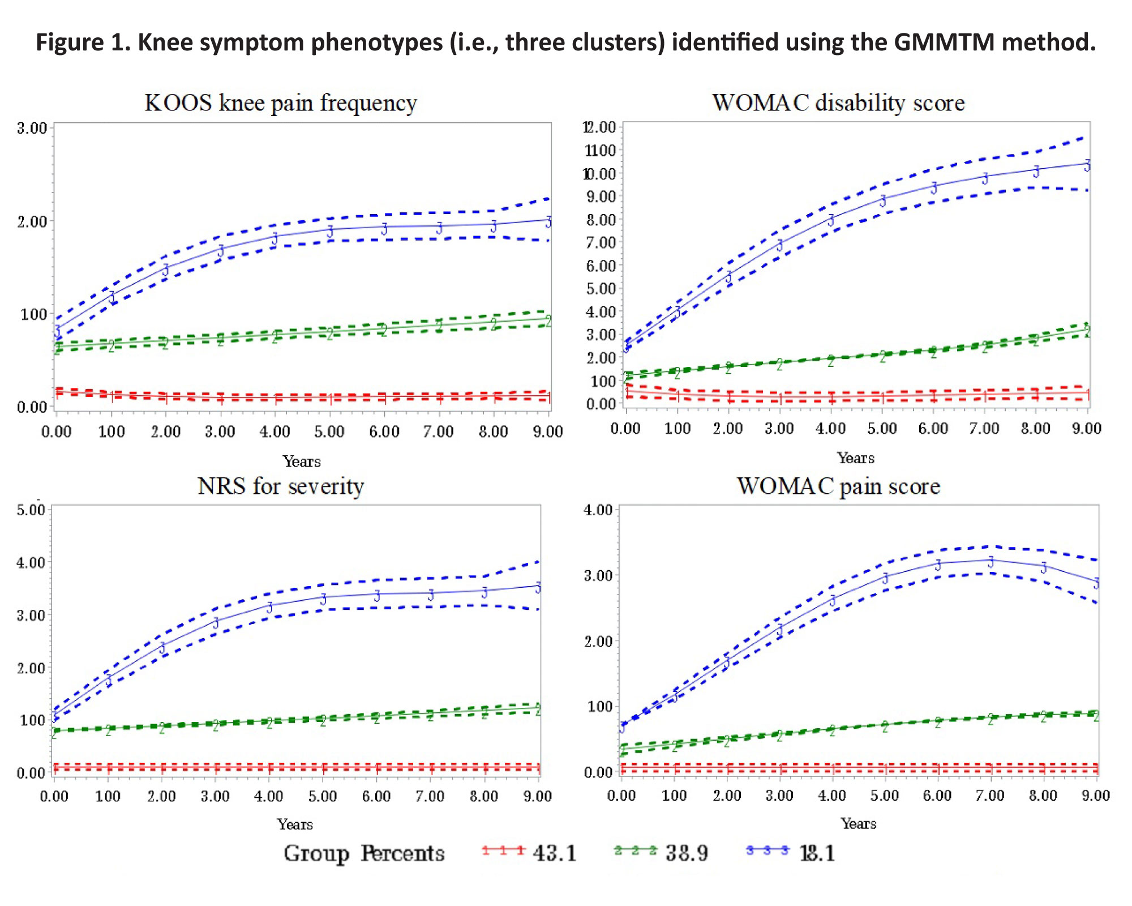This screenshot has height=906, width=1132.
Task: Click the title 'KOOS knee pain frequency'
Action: point(281,103)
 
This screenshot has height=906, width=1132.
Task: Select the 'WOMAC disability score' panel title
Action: point(838,103)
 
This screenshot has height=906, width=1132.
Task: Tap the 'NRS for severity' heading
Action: point(281,486)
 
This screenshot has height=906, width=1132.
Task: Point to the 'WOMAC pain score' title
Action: point(838,486)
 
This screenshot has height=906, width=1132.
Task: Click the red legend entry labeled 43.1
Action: point(529,852)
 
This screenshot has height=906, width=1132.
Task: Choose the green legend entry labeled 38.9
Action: point(661,852)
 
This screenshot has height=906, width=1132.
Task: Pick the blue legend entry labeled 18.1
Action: point(791,852)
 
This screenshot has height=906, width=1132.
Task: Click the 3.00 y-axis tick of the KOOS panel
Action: point(32,128)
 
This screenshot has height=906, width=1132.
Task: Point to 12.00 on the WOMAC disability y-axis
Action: point(600,127)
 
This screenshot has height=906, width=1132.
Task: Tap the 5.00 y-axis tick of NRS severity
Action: point(31,510)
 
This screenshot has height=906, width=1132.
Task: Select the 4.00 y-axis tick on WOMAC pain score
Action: point(598,510)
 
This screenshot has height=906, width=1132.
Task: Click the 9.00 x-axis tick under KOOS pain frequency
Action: point(548,431)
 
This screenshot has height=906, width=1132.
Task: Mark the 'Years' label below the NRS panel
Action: point(295,824)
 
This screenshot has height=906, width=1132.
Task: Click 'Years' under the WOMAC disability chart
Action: point(856,458)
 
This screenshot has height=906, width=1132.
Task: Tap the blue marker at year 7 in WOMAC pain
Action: point(990,561)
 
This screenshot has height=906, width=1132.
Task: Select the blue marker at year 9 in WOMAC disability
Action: point(1087,165)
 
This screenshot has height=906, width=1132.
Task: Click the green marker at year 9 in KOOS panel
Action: point(548,320)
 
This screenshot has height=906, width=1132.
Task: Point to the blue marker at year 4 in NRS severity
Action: point(269,607)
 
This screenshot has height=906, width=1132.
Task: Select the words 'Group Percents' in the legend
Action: point(364,853)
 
